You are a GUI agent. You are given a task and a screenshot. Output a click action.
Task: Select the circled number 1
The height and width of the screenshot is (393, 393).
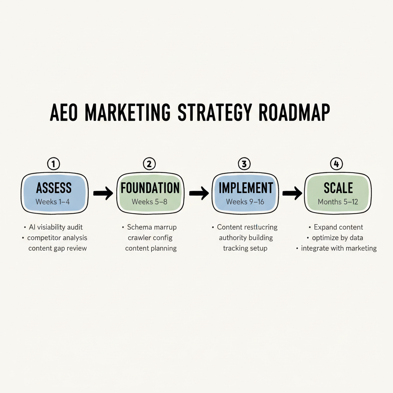click(x=53, y=164)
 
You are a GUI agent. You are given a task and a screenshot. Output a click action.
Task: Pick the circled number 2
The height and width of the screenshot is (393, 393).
click(x=149, y=164)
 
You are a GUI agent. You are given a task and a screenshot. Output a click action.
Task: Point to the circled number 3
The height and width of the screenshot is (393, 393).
click(x=244, y=164)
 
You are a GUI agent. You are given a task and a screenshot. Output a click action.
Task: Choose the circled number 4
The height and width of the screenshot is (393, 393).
click(x=336, y=164)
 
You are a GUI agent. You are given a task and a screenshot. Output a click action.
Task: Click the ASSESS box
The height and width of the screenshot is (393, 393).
click(x=54, y=193)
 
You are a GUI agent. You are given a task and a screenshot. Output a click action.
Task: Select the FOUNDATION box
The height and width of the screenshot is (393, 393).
click(x=150, y=193)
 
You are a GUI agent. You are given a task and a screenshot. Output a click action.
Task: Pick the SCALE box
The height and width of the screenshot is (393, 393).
click(x=337, y=193)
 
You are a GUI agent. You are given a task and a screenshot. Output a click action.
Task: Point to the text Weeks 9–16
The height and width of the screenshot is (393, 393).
click(x=245, y=201)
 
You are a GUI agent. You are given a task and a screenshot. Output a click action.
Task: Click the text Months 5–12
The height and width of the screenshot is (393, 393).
click(x=338, y=201)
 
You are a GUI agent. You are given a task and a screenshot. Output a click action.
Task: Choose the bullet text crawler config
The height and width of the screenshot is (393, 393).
click(x=150, y=238)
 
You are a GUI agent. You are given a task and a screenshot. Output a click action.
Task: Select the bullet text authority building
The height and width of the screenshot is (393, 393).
click(x=246, y=238)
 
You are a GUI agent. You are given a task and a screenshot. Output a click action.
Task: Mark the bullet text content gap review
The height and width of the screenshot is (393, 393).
click(x=58, y=248)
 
